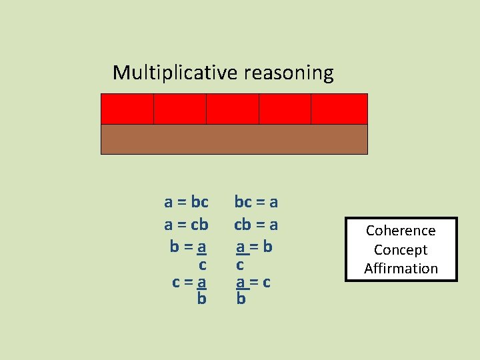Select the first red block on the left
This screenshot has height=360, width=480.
127,109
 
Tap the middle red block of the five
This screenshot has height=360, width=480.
232,109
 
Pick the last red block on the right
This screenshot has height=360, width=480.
339,109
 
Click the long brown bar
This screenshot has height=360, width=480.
234,139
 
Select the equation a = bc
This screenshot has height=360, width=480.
187,201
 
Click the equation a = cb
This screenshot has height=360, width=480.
187,225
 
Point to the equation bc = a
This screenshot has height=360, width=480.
256,201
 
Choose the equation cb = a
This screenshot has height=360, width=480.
256,225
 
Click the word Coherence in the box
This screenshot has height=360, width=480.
401,231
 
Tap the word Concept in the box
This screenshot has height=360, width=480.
401,250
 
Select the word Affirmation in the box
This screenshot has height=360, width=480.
401,269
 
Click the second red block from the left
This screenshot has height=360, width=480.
180,109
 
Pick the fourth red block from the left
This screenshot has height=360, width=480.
285,109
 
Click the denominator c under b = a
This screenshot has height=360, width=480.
202,265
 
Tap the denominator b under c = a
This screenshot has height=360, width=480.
201,299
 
